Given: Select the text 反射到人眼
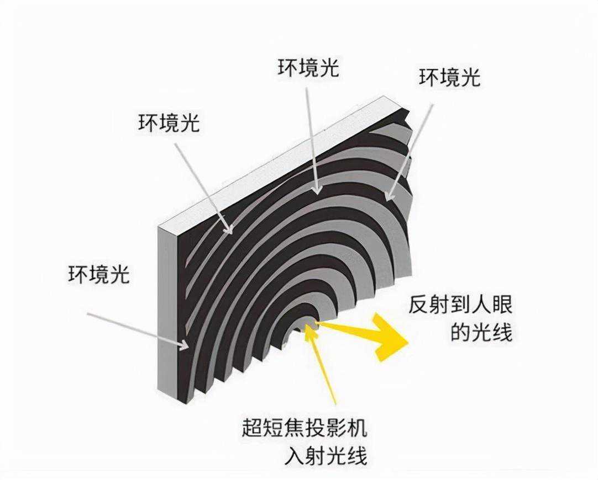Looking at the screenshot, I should point(461,305).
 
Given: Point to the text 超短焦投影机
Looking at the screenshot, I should point(305,429).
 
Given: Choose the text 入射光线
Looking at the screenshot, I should point(327,456).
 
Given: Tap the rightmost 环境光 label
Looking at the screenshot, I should point(449,78).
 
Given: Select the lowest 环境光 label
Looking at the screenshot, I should point(99,274).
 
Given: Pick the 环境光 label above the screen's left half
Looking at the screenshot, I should point(169,124).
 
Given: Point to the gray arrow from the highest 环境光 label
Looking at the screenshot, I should point(312,138).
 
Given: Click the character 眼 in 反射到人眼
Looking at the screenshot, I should point(501,305).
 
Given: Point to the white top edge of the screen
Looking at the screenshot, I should point(276,160).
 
